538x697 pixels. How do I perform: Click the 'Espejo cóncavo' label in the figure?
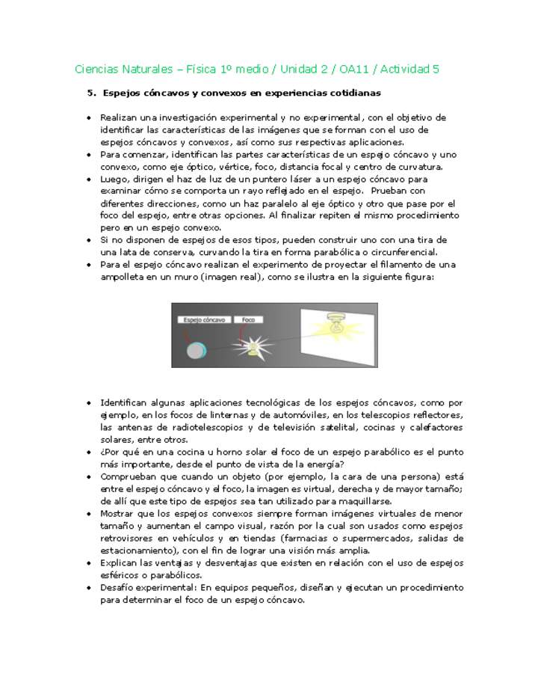(203, 319)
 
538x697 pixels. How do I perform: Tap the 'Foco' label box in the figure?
(248, 319)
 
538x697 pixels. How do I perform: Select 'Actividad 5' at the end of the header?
(409, 70)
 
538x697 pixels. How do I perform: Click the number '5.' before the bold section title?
(92, 93)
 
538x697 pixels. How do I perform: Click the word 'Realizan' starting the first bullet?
(117, 118)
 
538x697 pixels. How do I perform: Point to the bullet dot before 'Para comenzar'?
(89, 155)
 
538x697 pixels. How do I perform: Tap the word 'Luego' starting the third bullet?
(114, 179)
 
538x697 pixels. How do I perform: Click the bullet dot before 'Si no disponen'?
(89, 240)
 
